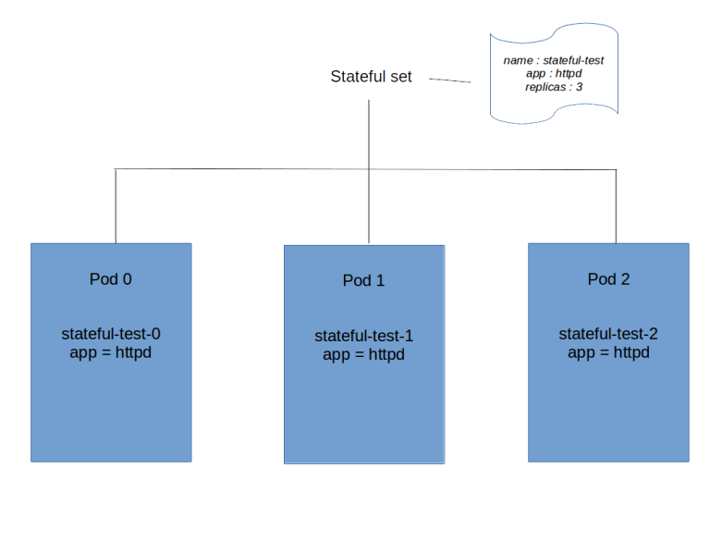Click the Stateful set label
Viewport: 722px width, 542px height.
(x=371, y=77)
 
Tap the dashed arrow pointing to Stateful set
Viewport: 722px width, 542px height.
(x=449, y=80)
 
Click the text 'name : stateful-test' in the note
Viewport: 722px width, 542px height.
(x=554, y=60)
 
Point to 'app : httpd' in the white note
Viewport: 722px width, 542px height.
(x=553, y=73)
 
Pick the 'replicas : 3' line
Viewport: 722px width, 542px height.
(x=553, y=86)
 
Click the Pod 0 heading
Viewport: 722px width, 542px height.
(x=110, y=278)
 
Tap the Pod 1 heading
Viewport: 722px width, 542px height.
(x=363, y=280)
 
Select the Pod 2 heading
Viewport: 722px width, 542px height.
(x=608, y=278)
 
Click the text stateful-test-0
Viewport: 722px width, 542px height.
(x=111, y=334)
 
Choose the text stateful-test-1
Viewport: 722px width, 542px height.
(x=363, y=336)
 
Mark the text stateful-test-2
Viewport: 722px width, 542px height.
(x=608, y=334)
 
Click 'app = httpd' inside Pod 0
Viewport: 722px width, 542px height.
(x=110, y=352)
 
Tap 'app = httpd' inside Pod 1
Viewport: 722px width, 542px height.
(x=363, y=354)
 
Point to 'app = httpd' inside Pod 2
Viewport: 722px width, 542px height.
(x=608, y=352)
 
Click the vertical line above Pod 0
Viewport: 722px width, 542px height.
(x=116, y=205)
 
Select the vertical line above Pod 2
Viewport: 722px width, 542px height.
(x=617, y=205)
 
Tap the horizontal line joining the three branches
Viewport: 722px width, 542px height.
(x=240, y=170)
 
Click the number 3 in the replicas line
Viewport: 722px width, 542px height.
(x=579, y=86)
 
